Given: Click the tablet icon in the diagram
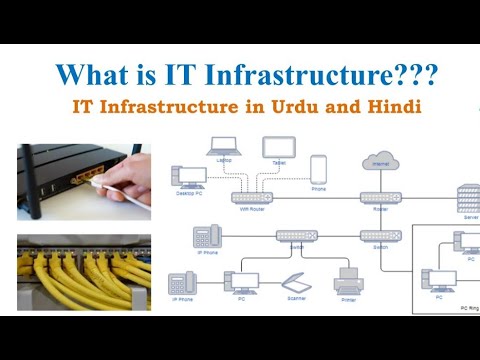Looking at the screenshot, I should pyautogui.click(x=277, y=148).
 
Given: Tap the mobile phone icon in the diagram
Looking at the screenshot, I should pyautogui.click(x=318, y=168).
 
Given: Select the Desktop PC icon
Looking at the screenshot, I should pyautogui.click(x=192, y=178).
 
